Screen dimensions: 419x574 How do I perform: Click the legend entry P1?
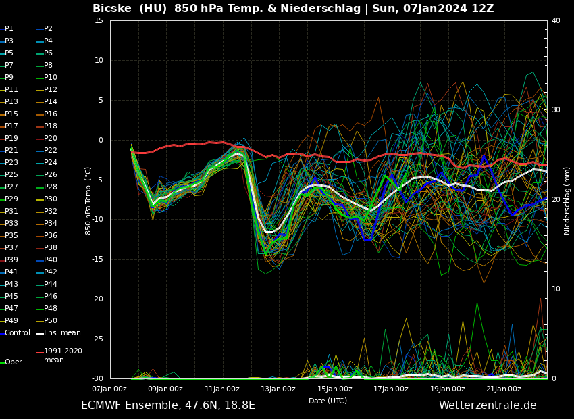[9, 29]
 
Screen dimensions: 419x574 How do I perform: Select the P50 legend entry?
[51, 321]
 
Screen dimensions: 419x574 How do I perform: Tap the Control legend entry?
[18, 333]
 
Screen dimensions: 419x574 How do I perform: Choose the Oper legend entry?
[14, 362]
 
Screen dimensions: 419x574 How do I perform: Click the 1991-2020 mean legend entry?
[63, 355]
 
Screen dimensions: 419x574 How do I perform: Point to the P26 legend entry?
[51, 175]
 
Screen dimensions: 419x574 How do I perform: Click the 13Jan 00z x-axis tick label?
[278, 389]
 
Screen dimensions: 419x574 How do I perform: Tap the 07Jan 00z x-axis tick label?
[109, 389]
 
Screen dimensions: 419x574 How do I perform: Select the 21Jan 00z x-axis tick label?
[504, 389]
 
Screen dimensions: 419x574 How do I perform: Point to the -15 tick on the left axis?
[98, 260]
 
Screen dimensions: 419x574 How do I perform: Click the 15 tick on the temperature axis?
[99, 21]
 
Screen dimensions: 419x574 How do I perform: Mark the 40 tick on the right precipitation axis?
[556, 21]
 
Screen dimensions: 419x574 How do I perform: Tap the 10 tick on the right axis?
[556, 289]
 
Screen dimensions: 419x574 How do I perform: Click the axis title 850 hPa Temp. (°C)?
[88, 200]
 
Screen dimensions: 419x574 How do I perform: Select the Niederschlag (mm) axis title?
[567, 200]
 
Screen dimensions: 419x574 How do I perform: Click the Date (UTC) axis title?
[328, 401]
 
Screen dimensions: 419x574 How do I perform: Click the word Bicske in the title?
[115, 9]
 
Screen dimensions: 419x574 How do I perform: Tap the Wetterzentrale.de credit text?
[488, 405]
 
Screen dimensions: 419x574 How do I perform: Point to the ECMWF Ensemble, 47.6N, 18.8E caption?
[168, 405]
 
